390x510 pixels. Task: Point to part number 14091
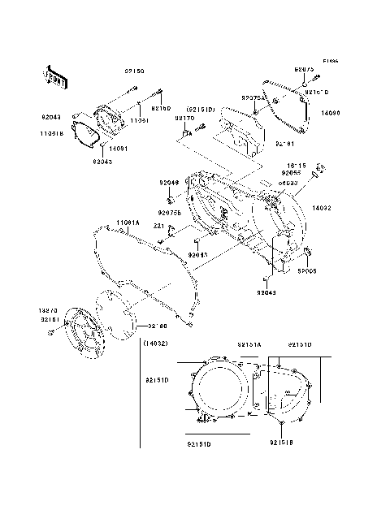point(119,149)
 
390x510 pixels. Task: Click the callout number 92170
point(184,118)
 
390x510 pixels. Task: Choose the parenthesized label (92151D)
point(200,108)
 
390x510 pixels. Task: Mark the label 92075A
point(251,97)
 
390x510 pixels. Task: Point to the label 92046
point(168,183)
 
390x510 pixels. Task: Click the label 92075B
point(169,211)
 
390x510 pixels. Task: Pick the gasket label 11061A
point(127,222)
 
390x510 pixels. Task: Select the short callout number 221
point(159,227)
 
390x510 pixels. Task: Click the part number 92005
point(306,272)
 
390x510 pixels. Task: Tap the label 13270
point(48,310)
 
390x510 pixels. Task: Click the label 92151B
point(281,443)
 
